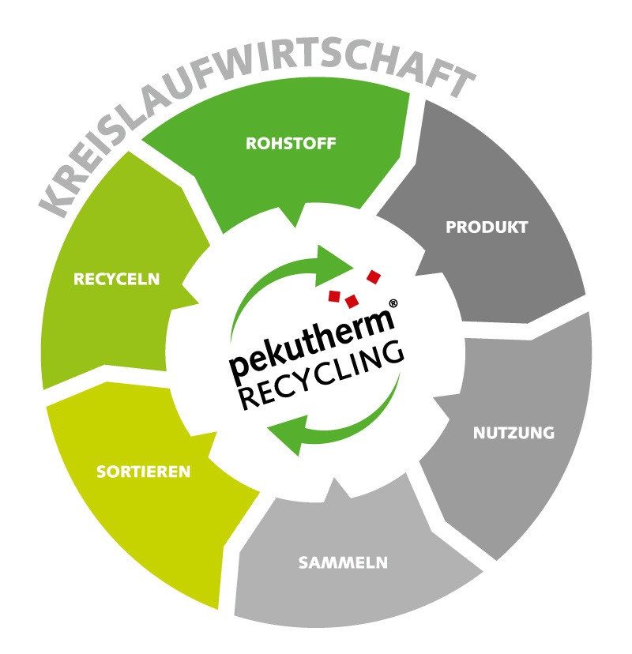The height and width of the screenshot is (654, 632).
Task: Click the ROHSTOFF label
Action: (x=291, y=144)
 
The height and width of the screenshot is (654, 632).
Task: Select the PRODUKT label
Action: (x=487, y=227)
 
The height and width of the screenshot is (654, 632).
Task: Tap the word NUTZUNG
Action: (x=513, y=433)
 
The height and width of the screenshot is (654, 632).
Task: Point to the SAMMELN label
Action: (x=343, y=562)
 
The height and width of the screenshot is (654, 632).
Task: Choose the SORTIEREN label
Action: (x=143, y=472)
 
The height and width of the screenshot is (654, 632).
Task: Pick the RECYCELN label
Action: (x=116, y=279)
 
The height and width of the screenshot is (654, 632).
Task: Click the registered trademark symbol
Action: (x=393, y=303)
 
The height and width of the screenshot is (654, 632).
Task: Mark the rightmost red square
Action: (x=374, y=277)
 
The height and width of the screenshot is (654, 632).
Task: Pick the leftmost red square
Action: (x=334, y=295)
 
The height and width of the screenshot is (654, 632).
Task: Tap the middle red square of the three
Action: (x=352, y=301)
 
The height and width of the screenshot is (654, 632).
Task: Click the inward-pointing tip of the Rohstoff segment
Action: (x=295, y=227)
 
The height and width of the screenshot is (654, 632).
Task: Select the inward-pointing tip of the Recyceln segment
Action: (x=197, y=303)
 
